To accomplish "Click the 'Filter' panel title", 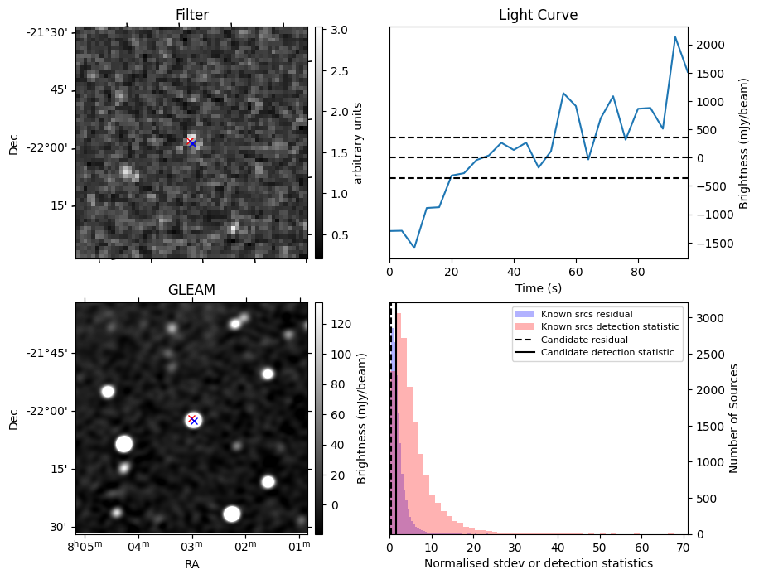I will click(191, 15).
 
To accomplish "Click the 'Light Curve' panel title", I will click(538, 15).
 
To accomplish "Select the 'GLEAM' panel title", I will click(191, 290).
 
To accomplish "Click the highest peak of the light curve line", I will click(675, 37).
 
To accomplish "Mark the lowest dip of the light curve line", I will click(414, 248).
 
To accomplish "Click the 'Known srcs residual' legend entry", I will click(587, 314).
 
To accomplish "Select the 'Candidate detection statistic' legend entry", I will click(607, 353).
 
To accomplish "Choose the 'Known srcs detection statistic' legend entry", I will click(609, 327).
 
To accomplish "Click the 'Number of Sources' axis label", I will click(733, 418).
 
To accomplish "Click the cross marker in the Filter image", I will click(191, 142).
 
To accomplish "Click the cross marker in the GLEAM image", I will click(192, 419).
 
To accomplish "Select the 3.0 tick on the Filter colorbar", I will click(339, 31).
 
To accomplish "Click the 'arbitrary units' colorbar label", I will click(358, 142).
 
